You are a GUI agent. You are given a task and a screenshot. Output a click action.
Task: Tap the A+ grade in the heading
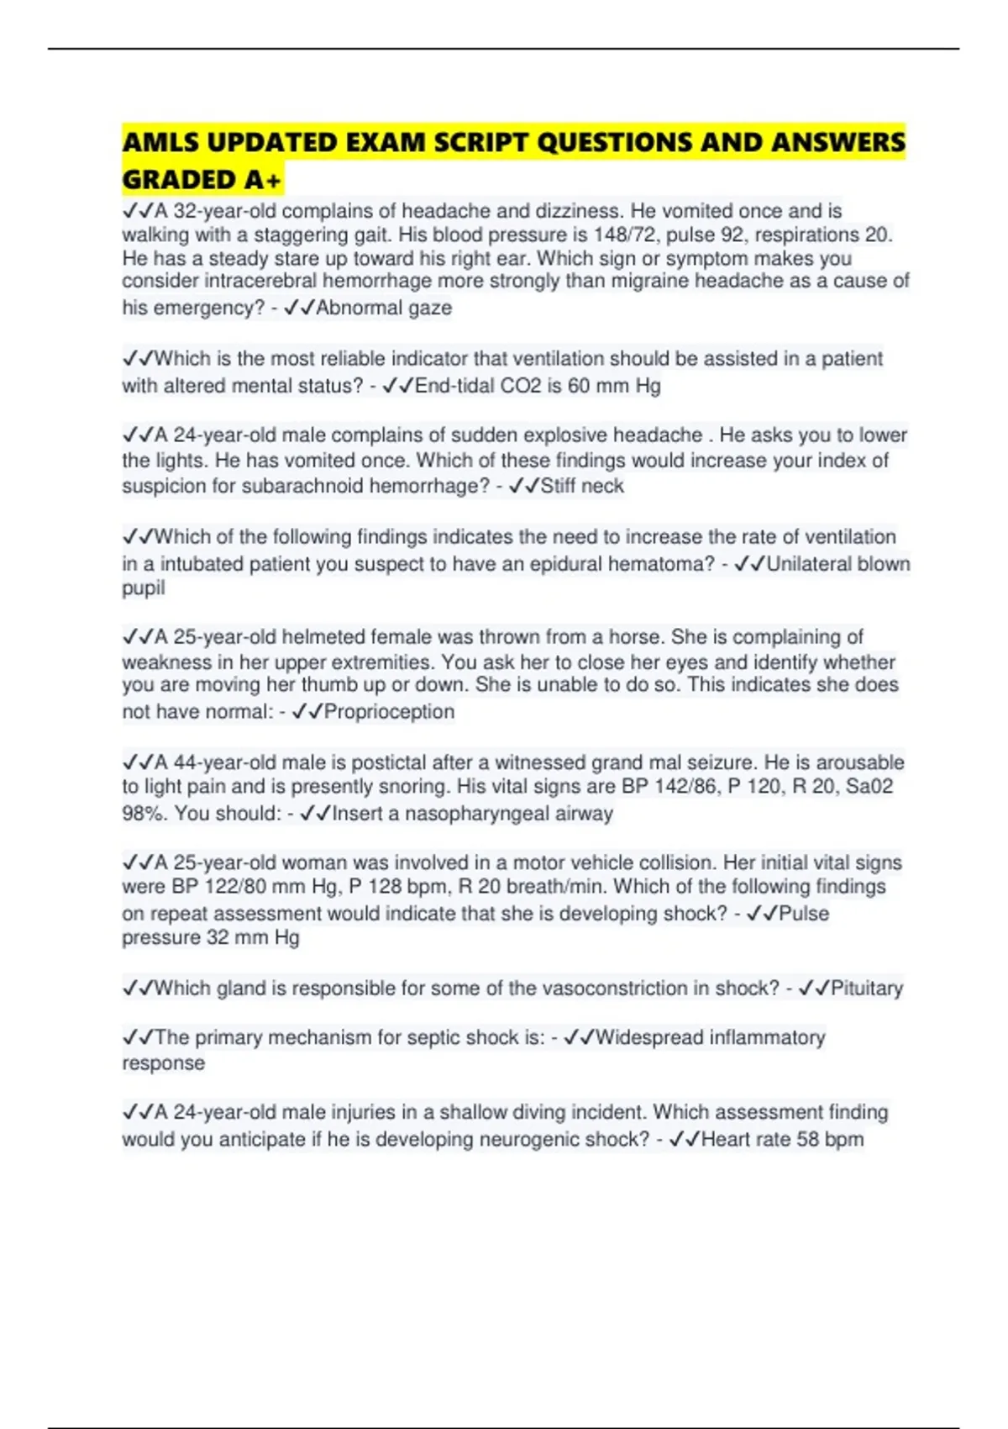[261, 180]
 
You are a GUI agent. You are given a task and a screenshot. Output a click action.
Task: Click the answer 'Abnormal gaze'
[384, 308]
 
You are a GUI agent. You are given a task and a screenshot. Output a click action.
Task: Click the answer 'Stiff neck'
[582, 486]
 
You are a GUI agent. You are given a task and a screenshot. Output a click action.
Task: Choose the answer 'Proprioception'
[389, 712]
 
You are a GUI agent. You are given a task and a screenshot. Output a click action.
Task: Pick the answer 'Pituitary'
[866, 989]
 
